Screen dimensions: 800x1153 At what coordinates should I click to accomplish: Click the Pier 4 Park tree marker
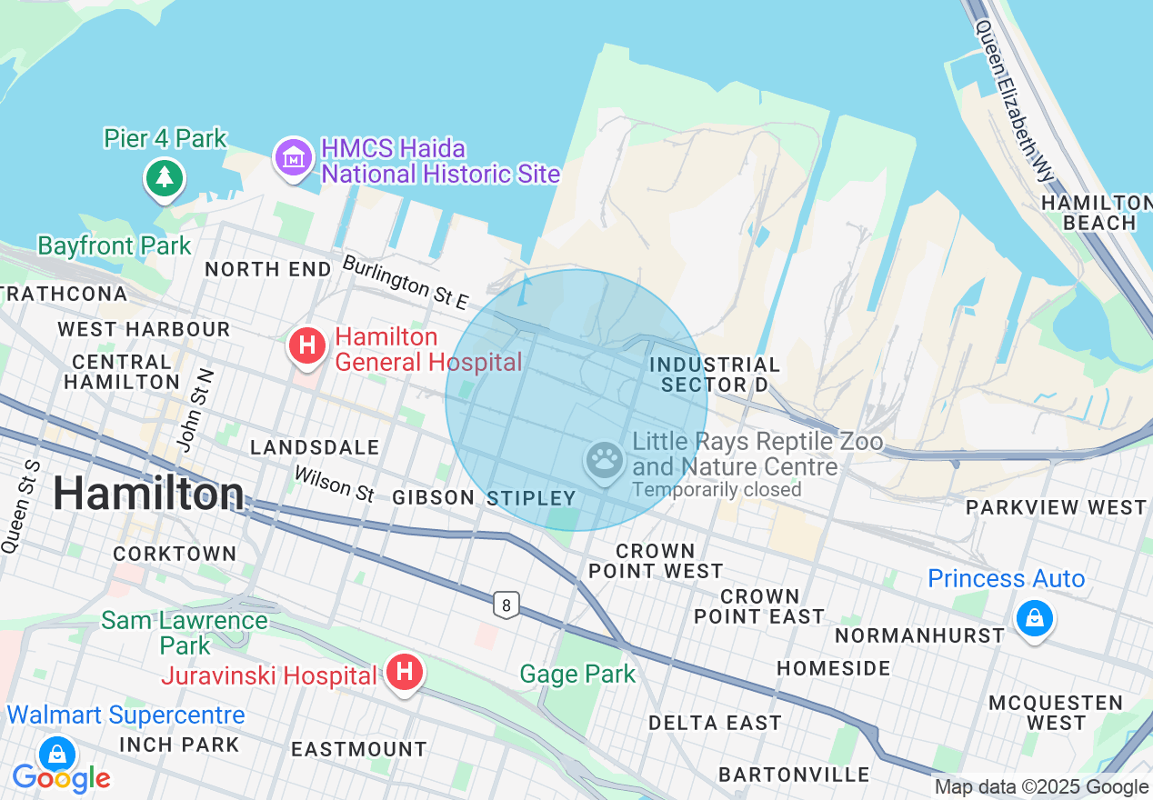tap(164, 177)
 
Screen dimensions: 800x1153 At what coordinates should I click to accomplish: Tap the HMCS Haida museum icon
tap(293, 158)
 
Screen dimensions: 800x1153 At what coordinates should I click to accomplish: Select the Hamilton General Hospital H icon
tap(307, 346)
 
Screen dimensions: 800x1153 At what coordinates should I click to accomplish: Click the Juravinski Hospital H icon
tap(405, 673)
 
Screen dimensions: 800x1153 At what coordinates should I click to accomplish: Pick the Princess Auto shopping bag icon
tap(1034, 619)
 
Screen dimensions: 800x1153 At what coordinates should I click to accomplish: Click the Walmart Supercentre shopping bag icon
tap(57, 754)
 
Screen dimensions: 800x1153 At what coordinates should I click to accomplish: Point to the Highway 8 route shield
tap(506, 604)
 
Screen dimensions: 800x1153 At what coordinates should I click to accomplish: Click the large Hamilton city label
tap(147, 495)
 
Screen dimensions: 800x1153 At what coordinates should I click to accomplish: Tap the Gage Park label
tap(577, 675)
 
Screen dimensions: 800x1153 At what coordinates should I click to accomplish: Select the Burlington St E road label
tap(406, 281)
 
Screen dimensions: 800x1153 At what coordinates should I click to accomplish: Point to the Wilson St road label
tap(334, 484)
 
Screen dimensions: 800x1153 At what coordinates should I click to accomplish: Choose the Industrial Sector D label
tap(715, 375)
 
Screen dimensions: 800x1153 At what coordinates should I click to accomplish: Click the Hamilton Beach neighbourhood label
tap(1097, 212)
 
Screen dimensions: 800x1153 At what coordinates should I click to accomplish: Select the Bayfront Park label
tap(115, 245)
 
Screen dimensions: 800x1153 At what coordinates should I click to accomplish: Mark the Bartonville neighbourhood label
tap(794, 775)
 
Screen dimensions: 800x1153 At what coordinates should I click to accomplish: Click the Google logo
tap(61, 779)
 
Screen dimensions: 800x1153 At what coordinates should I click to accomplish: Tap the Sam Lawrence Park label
tap(185, 633)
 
